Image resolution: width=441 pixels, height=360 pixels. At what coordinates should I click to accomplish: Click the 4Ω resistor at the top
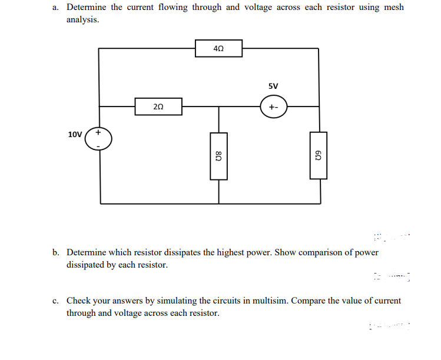(x=218, y=48)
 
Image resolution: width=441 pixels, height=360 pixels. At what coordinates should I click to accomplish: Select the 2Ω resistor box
(x=158, y=107)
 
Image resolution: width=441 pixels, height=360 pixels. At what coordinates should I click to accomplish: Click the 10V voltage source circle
(x=99, y=139)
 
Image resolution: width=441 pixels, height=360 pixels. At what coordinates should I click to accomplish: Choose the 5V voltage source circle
(x=273, y=108)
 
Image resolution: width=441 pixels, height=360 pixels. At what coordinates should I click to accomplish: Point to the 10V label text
(x=75, y=134)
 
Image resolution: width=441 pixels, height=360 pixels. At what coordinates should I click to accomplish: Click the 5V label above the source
(x=273, y=86)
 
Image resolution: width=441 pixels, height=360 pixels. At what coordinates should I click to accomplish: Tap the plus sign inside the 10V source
(x=98, y=133)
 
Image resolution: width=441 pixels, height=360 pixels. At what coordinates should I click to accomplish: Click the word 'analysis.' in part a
(x=82, y=19)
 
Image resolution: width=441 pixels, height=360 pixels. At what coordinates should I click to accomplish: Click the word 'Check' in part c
(x=78, y=301)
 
